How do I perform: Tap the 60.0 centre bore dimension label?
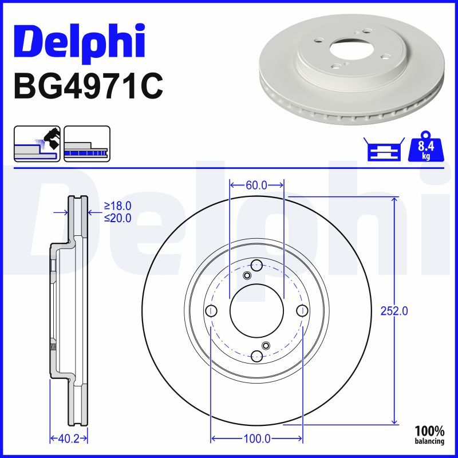256,185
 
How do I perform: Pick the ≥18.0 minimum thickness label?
117,206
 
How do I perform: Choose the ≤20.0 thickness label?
117,218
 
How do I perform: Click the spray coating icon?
37,143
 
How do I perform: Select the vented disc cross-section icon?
86,143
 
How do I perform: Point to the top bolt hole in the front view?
257,265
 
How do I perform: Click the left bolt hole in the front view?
211,311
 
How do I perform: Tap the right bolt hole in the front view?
302,311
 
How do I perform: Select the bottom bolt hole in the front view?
257,356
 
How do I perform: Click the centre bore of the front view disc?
257,311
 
